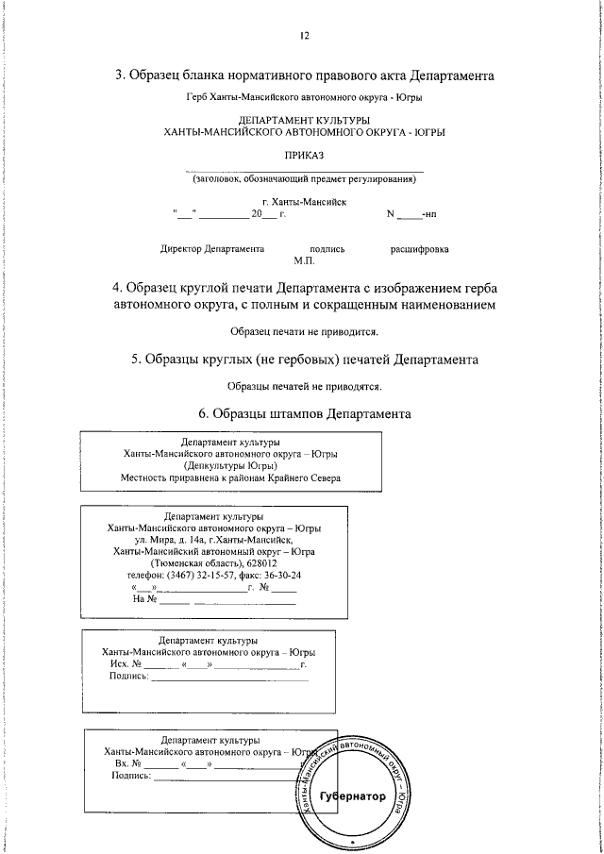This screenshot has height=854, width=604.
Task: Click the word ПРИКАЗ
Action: pos(304,155)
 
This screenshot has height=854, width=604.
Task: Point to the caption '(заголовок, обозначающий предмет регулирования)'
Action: pos(304,178)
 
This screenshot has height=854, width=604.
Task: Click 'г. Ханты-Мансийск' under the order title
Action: pos(304,201)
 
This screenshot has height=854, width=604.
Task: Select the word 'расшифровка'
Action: pos(419,249)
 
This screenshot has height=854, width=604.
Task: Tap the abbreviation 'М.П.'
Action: pos(304,260)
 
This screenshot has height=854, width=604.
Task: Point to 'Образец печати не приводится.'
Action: pos(304,332)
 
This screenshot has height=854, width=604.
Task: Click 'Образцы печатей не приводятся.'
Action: pos(304,386)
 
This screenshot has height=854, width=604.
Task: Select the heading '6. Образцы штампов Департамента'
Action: pos(304,413)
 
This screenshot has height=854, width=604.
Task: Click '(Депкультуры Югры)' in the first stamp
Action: pos(231,465)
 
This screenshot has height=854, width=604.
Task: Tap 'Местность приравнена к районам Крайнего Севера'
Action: pos(231,477)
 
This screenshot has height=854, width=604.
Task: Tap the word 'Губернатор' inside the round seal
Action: pos(353,796)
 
